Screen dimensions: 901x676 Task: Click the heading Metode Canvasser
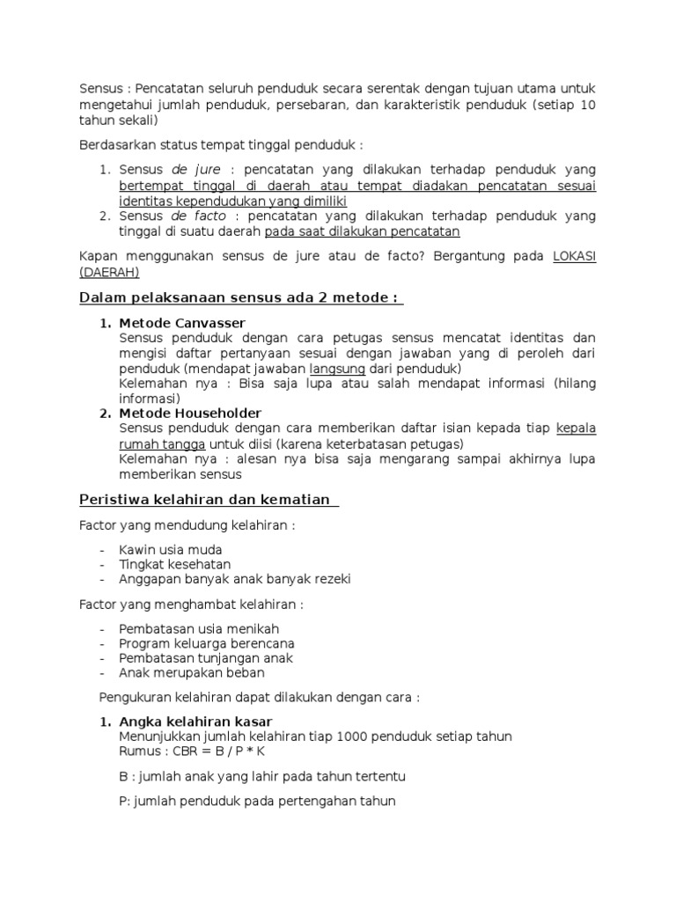(x=182, y=323)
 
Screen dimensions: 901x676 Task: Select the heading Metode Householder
(x=189, y=413)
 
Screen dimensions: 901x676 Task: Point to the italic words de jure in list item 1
(x=196, y=169)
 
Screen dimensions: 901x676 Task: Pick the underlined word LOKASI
(x=574, y=256)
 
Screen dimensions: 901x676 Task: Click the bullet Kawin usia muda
(x=170, y=550)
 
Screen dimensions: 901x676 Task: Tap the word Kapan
(x=98, y=256)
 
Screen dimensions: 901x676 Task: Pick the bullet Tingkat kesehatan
(x=174, y=564)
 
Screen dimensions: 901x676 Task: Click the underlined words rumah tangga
(x=158, y=444)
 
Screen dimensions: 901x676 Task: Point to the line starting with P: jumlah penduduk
(x=257, y=801)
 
